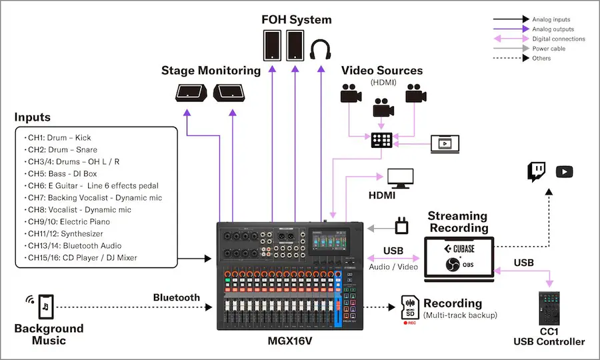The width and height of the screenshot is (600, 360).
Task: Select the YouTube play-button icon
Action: [x=564, y=172]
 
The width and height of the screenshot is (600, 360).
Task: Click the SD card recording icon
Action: [x=409, y=307]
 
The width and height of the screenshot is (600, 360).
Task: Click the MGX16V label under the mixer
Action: [x=290, y=341]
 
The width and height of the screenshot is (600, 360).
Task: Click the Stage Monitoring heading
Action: [x=211, y=71]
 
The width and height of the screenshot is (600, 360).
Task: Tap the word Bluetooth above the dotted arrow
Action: [x=176, y=297]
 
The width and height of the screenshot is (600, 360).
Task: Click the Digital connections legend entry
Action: [x=558, y=39]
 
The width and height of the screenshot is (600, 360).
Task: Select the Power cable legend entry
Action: [x=549, y=49]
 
